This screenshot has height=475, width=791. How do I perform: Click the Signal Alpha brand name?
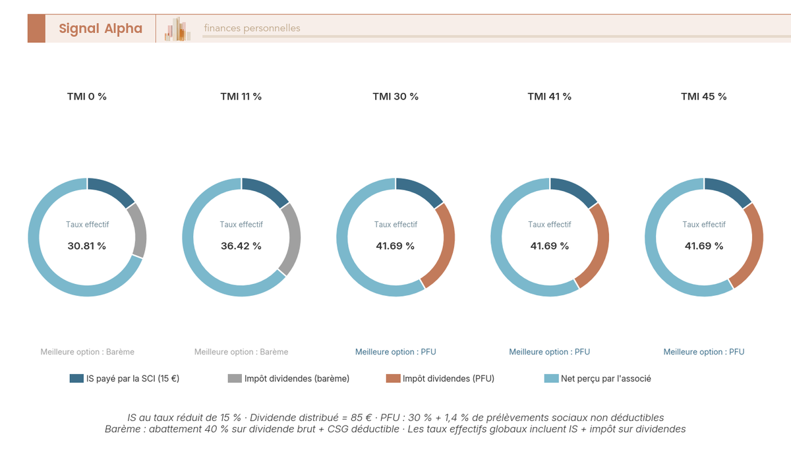click(x=100, y=28)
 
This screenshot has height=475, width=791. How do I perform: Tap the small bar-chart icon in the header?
click(x=177, y=29)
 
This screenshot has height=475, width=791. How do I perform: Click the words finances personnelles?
click(x=252, y=28)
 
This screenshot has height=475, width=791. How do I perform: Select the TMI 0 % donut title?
click(x=87, y=96)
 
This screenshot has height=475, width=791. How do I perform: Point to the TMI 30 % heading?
click(x=395, y=96)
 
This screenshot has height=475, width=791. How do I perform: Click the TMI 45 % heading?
click(x=703, y=96)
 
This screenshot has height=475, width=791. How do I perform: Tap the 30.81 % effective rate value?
click(x=87, y=246)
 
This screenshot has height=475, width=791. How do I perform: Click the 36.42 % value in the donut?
click(x=241, y=246)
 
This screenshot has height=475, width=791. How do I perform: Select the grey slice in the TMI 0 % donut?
click(x=139, y=231)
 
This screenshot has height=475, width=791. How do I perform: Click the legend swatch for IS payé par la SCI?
click(x=75, y=378)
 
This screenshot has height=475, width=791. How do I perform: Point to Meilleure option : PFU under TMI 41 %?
click(x=550, y=352)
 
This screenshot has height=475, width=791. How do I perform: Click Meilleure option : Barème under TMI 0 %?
click(x=87, y=352)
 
